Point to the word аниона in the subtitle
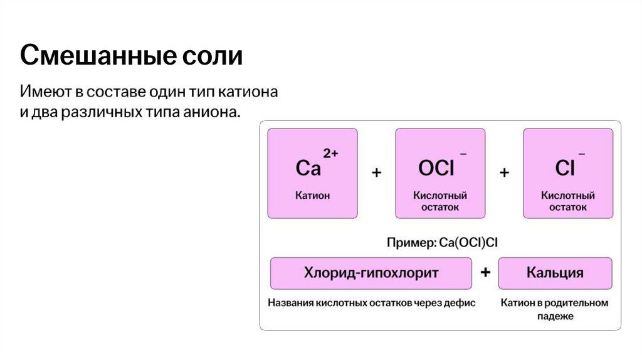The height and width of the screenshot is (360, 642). tap(211, 112)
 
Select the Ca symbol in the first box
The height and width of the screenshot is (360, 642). tap(308, 168)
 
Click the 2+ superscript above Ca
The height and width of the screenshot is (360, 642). tap(330, 153)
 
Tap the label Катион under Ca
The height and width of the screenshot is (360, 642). tap(312, 196)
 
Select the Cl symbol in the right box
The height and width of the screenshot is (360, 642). tap(565, 168)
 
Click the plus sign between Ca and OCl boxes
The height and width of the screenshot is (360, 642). tap(376, 172)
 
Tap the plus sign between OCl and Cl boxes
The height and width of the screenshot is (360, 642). tap(504, 172)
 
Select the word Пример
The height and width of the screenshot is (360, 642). tap(408, 242)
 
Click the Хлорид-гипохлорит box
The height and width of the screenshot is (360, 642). tap(371, 273)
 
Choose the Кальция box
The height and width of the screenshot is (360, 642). tap(555, 273)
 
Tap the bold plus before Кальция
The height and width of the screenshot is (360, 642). tap(485, 273)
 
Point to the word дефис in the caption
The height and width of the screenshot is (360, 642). tap(460, 303)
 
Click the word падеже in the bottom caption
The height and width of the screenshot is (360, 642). tap(555, 317)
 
